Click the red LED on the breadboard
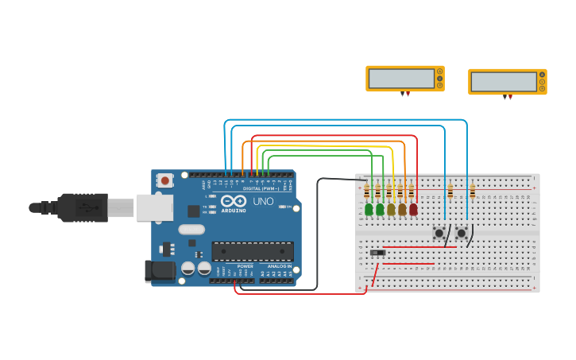(413, 210)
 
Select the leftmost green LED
(369, 210)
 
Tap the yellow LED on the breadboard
(391, 210)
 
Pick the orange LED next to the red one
(402, 210)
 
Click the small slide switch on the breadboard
(378, 253)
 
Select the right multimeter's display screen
(504, 82)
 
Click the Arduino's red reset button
(164, 181)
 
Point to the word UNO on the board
(264, 202)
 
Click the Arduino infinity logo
(233, 201)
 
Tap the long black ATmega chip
(253, 251)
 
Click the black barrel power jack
(160, 271)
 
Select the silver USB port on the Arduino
(154, 207)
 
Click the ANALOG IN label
(279, 266)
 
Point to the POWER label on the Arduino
(245, 266)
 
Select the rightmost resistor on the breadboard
(472, 192)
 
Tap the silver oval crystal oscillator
(191, 230)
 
